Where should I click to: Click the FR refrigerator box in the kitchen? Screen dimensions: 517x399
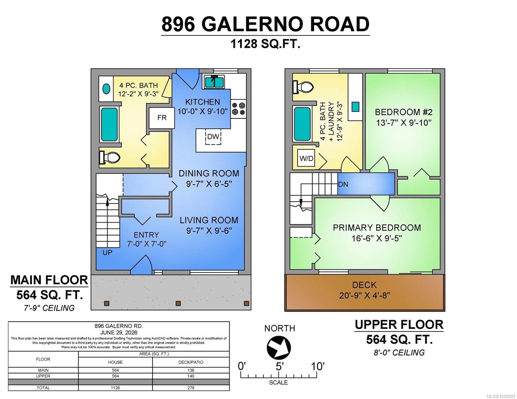pyautogui.click(x=162, y=118)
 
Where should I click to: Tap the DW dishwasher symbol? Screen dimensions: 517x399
pyautogui.click(x=213, y=137)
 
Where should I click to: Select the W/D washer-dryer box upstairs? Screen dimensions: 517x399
pyautogui.click(x=306, y=158)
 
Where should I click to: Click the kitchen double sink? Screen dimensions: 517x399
pyautogui.click(x=214, y=81)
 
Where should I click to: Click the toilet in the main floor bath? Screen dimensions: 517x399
pyautogui.click(x=109, y=157)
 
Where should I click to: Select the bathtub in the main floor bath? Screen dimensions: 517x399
pyautogui.click(x=109, y=125)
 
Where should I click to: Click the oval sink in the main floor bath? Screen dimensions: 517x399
pyautogui.click(x=106, y=89)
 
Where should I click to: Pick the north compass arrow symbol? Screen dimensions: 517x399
pyautogui.click(x=279, y=347)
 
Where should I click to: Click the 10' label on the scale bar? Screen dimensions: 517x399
pyautogui.click(x=318, y=366)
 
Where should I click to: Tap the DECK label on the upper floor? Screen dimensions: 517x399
pyautogui.click(x=364, y=285)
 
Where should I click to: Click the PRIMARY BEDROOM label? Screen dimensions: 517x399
pyautogui.click(x=377, y=228)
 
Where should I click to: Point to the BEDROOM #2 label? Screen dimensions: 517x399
pyautogui.click(x=403, y=112)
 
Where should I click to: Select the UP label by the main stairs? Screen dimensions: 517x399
pyautogui.click(x=107, y=253)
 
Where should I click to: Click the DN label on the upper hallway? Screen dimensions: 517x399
pyautogui.click(x=343, y=184)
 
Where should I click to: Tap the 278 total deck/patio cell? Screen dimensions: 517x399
pyautogui.click(x=190, y=388)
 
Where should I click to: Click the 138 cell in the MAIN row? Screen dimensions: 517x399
pyautogui.click(x=190, y=370)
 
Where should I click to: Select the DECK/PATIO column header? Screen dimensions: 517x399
pyautogui.click(x=191, y=362)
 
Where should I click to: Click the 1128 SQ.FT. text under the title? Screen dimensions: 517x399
pyautogui.click(x=265, y=44)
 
